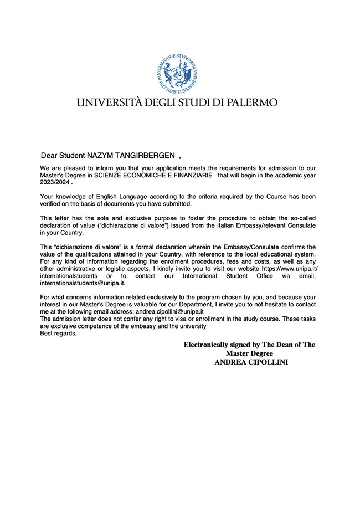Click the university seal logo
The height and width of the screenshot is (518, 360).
(177, 73)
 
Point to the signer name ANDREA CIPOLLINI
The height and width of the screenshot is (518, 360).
(251, 362)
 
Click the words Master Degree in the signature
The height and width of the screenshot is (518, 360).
(249, 353)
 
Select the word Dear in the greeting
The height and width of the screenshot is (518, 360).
(49, 155)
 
